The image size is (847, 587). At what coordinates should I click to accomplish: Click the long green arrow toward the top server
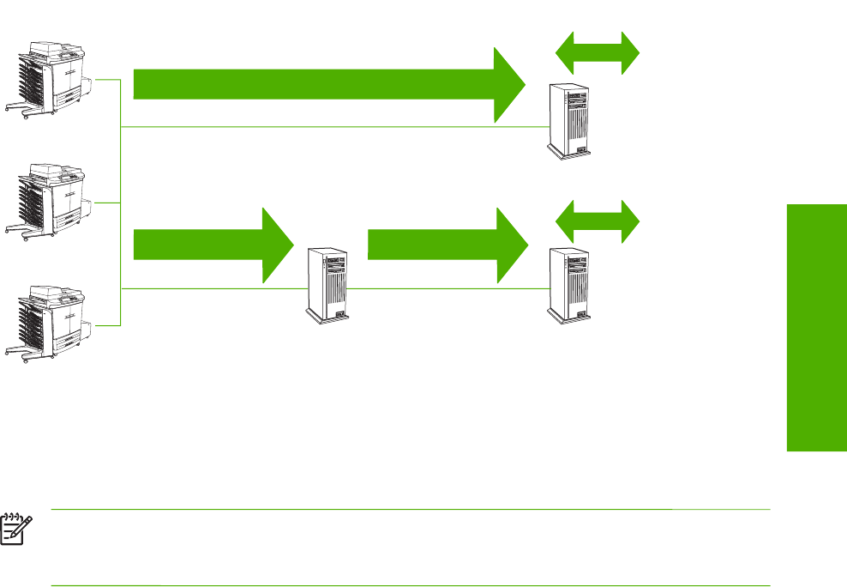pyautogui.click(x=326, y=84)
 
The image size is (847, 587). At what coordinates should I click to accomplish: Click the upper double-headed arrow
pyautogui.click(x=598, y=53)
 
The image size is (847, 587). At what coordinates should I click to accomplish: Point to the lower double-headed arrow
pyautogui.click(x=598, y=222)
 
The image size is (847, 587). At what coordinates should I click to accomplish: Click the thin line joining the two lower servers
pyautogui.click(x=446, y=288)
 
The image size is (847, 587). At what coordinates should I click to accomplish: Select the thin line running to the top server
pyautogui.click(x=343, y=126)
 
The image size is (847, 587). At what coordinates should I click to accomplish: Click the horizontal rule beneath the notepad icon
pyautogui.click(x=411, y=586)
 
